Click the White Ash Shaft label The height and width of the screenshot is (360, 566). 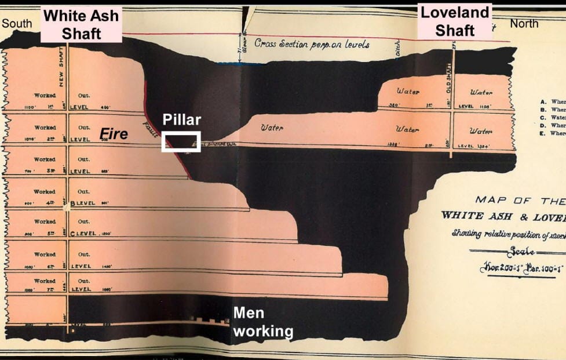click(81, 24)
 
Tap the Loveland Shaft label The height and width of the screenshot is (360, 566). click(455, 21)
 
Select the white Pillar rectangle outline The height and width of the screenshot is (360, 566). click(181, 141)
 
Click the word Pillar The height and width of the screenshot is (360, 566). click(181, 120)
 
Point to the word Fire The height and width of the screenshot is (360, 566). click(114, 134)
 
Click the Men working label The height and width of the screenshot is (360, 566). click(262, 322)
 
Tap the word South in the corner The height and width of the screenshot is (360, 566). click(17, 24)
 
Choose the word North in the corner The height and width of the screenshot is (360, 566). click(524, 24)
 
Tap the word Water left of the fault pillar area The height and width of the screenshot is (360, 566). click(272, 128)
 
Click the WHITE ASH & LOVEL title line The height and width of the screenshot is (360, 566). click(503, 216)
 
